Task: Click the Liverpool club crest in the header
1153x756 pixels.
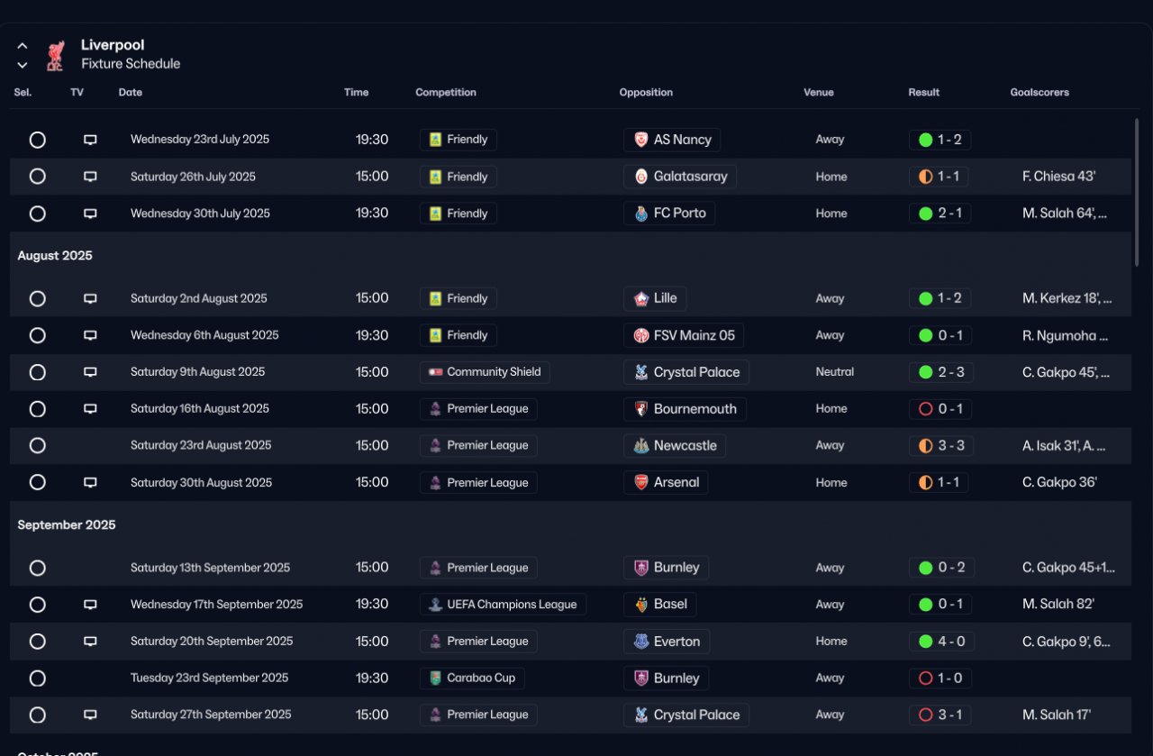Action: [x=55, y=55]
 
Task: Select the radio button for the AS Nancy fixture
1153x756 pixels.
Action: [x=37, y=140]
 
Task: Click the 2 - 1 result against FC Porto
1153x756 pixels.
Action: [x=940, y=214]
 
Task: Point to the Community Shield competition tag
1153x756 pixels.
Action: [x=485, y=372]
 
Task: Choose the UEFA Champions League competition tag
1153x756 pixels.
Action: [x=503, y=605]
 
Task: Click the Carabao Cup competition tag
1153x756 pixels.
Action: [x=472, y=678]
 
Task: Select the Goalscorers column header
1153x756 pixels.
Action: [x=1040, y=92]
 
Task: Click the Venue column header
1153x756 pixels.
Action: [x=819, y=92]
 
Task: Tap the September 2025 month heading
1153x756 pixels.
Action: [x=67, y=524]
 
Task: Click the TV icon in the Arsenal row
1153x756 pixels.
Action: [x=90, y=482]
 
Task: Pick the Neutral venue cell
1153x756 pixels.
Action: [x=835, y=372]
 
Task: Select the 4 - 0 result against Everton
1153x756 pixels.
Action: [x=940, y=642]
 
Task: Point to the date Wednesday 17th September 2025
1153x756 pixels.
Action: [x=216, y=605]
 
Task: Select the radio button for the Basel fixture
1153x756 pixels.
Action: [x=37, y=605]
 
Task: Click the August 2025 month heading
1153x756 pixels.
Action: [x=55, y=256]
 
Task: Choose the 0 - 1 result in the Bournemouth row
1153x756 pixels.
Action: [x=940, y=409]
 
